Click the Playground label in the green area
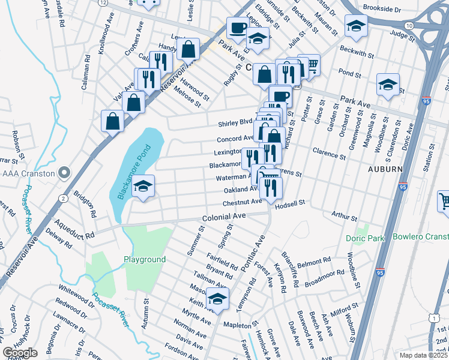[x=145, y=259]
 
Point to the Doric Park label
[x=365, y=238]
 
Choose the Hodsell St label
[x=290, y=203]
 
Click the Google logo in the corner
[x=20, y=353]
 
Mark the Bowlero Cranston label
[x=420, y=236]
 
